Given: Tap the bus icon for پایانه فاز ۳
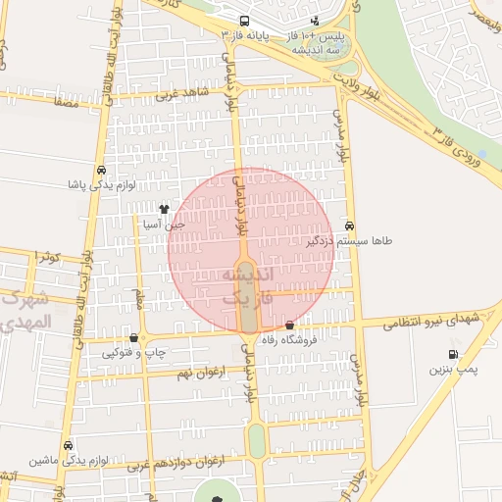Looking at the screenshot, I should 243,20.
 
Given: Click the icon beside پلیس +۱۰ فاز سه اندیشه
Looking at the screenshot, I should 314,20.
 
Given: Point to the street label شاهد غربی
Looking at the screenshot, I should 176,95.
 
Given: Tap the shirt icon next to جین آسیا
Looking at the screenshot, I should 164,208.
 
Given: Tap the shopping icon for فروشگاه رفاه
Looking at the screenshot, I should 290,326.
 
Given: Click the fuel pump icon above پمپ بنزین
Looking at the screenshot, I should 452,354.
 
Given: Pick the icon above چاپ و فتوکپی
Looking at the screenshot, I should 133,336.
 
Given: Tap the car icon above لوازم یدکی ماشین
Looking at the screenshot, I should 67,445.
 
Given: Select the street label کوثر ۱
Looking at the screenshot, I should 46,256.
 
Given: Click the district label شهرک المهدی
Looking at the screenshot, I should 26,311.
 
